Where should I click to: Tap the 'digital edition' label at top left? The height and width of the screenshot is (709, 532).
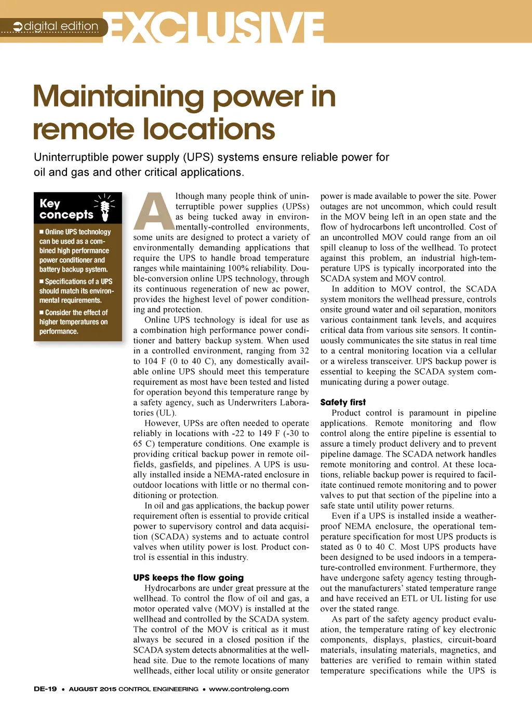click(x=61, y=26)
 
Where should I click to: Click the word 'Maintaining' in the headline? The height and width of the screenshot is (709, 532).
click(x=119, y=97)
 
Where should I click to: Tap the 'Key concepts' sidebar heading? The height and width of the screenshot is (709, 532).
click(x=66, y=209)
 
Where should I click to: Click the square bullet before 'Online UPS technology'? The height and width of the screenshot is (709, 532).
click(x=42, y=232)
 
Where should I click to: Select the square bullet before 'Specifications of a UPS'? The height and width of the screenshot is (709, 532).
click(x=42, y=282)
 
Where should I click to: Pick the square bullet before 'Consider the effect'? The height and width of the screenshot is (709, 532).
click(x=42, y=313)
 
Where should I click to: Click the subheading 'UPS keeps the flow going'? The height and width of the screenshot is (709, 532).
click(x=188, y=578)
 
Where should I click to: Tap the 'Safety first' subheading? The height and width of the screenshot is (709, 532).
click(x=343, y=402)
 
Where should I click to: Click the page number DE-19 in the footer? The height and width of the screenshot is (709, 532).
click(x=45, y=689)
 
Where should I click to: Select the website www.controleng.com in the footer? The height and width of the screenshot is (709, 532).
click(x=249, y=689)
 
